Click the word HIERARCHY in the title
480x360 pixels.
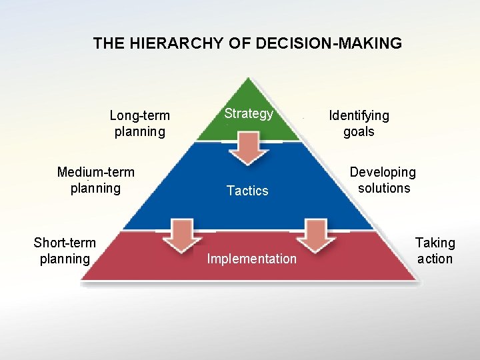165,44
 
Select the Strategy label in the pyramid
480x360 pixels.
249,113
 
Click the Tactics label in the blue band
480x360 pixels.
247,191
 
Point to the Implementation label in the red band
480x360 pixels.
251,259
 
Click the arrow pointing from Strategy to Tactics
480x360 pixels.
249,148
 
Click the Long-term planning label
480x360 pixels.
139,123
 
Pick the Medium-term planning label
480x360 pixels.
96,180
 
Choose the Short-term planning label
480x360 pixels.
65,251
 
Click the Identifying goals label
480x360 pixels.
359,123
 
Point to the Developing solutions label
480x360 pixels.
383,180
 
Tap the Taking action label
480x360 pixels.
435,251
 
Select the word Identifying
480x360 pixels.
359,115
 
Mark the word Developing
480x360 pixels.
383,172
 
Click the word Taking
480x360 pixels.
435,243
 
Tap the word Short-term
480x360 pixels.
65,243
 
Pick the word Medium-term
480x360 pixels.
96,172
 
